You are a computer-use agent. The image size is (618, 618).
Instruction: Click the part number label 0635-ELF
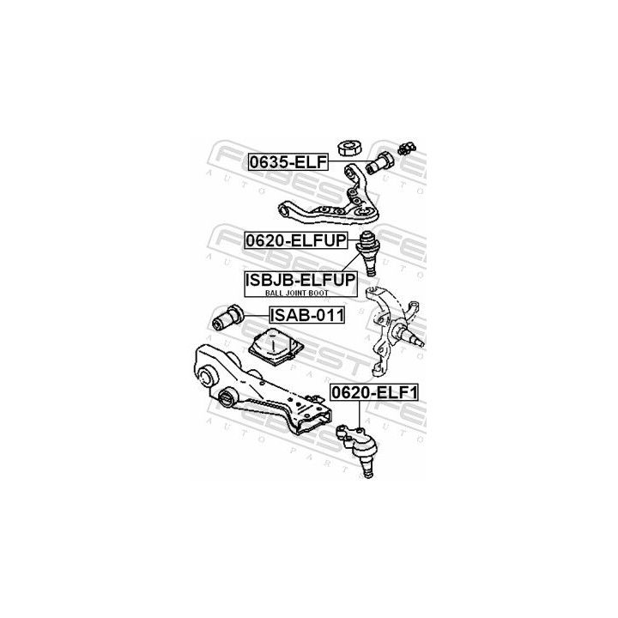(288, 162)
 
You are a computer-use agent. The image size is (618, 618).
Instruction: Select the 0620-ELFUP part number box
(296, 240)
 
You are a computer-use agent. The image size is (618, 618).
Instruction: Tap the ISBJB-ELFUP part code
(300, 280)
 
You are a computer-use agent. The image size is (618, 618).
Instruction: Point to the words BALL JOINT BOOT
(297, 293)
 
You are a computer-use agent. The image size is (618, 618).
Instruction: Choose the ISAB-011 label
(307, 315)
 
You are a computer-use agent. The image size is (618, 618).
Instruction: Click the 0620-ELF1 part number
(373, 392)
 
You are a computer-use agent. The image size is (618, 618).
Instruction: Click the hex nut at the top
(349, 148)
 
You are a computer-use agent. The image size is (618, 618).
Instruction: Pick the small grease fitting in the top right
(406, 148)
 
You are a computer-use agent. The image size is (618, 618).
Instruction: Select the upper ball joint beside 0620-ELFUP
(368, 253)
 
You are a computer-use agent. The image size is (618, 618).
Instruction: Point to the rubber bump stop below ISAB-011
(276, 346)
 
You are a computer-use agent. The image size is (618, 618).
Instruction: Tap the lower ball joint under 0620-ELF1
(359, 449)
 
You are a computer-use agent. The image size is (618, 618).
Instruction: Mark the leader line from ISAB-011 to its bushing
(257, 315)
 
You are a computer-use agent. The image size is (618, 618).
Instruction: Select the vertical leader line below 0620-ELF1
(360, 415)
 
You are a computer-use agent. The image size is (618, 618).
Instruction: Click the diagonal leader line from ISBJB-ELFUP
(352, 262)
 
